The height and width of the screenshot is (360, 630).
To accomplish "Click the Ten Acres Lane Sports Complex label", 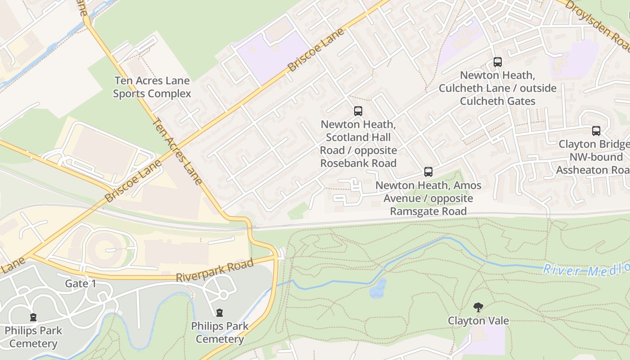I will pos(152,87).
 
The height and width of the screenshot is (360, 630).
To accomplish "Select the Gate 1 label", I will pos(81,283).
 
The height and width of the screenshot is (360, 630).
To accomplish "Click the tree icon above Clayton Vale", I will pos(478,308).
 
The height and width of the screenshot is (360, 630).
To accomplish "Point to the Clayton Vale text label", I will pos(478,321).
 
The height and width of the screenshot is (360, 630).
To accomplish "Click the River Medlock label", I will pos(585,269).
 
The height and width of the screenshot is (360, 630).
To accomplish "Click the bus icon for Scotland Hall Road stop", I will pos(358,111).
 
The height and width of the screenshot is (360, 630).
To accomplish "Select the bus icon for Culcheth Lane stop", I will pos(497,62).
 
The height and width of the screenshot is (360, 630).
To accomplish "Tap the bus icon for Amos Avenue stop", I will pos(428,171).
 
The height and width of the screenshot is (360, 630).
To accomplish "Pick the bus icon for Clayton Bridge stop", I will pos(596,131).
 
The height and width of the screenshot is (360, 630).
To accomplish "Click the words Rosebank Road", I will pos(358,163).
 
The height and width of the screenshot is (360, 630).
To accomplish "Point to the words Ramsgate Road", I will pos(428,211).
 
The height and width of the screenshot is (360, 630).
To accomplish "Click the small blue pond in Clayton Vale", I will pos(378,288).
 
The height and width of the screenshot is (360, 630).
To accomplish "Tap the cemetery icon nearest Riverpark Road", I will pos(220,312).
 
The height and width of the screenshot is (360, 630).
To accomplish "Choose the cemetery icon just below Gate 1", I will pos(33,317).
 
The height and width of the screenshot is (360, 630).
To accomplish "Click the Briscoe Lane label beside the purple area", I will pos(316,49).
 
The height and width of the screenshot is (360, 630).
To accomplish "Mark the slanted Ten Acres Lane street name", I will pos(177,151).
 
